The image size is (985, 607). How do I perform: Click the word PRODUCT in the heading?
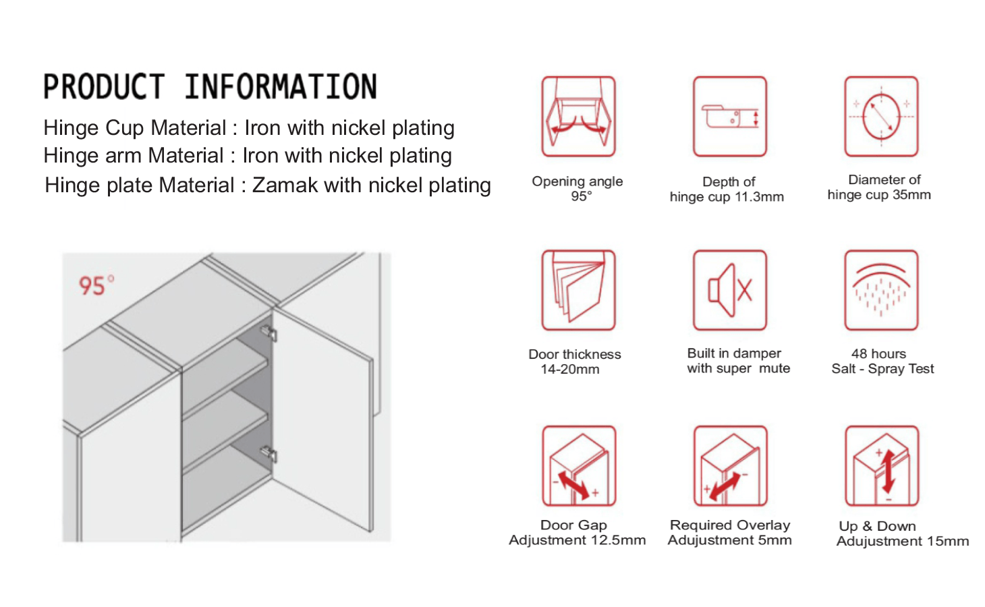tap(104, 86)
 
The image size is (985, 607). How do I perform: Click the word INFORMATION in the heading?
tap(281, 86)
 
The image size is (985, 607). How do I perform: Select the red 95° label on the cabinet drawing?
tap(96, 285)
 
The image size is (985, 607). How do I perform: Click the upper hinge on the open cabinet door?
tap(269, 333)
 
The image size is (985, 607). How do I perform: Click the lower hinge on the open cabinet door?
tap(269, 453)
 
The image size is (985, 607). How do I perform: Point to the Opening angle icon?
tap(578, 117)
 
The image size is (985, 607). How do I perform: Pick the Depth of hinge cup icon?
tap(730, 117)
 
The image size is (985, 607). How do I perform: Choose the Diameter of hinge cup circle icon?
tap(881, 117)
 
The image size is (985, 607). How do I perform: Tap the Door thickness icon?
tap(578, 290)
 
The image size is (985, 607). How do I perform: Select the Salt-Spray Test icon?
tap(881, 290)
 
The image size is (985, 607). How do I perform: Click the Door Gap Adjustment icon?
tap(579, 465)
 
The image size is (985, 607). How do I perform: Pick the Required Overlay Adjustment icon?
tap(731, 465)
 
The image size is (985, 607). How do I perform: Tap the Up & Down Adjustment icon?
tap(882, 465)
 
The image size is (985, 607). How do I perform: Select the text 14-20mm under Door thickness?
tap(570, 369)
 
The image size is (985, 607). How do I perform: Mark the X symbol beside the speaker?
tap(744, 290)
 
